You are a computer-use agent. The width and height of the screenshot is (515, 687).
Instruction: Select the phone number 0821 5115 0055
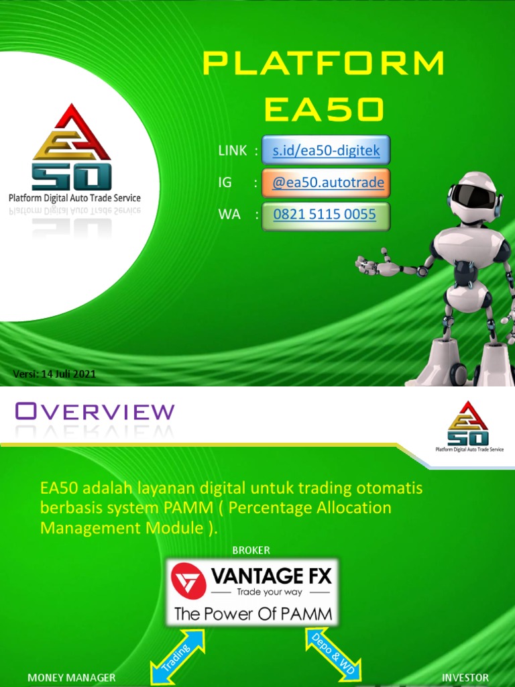click(x=325, y=215)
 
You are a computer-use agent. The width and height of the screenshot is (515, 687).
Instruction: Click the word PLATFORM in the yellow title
click(x=324, y=64)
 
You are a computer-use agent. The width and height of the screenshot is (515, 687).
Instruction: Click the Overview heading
click(x=95, y=411)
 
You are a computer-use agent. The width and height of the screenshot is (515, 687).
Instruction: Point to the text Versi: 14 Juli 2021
click(x=55, y=374)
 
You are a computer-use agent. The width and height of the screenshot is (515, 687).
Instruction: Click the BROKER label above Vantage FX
click(x=251, y=550)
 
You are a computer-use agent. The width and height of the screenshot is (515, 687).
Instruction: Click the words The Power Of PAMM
click(x=253, y=614)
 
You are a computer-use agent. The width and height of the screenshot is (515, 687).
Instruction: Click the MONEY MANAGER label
click(x=71, y=678)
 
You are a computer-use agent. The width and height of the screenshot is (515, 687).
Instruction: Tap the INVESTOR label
click(x=465, y=678)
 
